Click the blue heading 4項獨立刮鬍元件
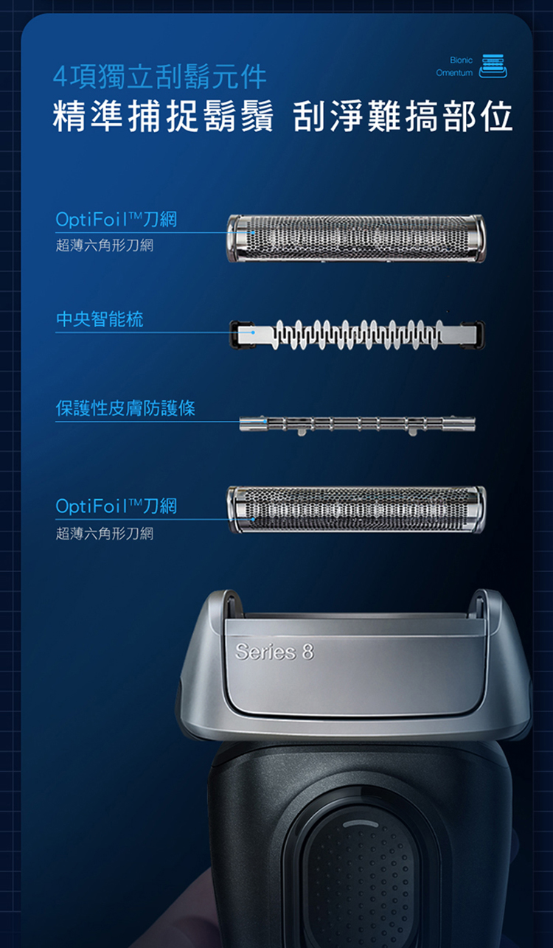coord(160,77)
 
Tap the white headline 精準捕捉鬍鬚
coord(163,116)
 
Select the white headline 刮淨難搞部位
coord(403,116)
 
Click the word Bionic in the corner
coord(461,60)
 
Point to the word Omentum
coord(454,73)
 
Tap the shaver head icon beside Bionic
coord(493,66)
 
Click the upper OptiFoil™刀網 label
coord(116,219)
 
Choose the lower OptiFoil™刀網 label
coord(116,506)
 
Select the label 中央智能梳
coord(100,318)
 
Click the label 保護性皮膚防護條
coord(126,408)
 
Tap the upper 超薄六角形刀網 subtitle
coord(105,245)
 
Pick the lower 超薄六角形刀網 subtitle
coord(105,534)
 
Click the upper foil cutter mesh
coord(356,238)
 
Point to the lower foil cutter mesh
coord(356,509)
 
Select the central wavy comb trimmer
coord(357,335)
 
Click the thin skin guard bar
coord(357,425)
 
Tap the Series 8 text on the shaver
coord(275,652)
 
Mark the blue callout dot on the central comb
coord(253,332)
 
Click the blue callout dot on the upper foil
coord(253,233)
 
